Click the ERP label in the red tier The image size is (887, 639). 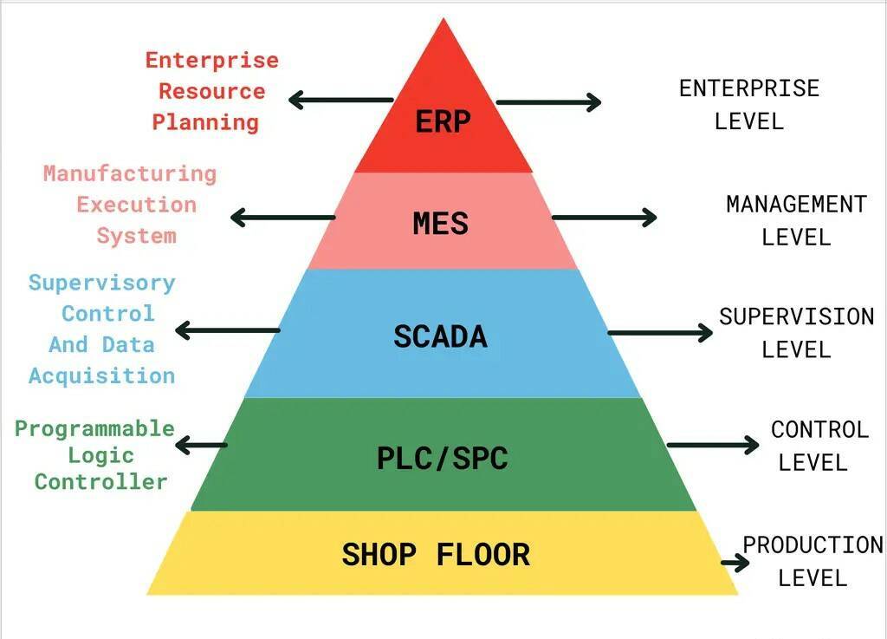(443, 121)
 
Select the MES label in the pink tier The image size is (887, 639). (441, 224)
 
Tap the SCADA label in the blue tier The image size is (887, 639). (440, 336)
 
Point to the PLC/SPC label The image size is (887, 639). (443, 459)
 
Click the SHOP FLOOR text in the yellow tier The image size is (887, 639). (437, 555)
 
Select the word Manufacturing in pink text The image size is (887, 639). (130, 173)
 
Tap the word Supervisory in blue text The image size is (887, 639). (102, 283)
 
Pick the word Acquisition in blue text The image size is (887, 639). (102, 375)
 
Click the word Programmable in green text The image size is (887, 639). (94, 428)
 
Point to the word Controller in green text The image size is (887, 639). (101, 482)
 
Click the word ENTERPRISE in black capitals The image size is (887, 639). (749, 88)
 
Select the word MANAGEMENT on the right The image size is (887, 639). (797, 205)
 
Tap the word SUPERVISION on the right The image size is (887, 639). (797, 316)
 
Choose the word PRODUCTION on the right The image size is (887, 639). (813, 545)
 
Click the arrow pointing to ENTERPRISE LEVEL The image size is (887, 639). (548, 102)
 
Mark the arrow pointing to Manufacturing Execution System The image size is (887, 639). (283, 218)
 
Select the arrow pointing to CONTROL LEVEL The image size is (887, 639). (713, 445)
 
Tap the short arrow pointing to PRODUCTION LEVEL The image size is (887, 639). (735, 563)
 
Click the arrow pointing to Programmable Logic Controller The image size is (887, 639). (201, 446)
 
